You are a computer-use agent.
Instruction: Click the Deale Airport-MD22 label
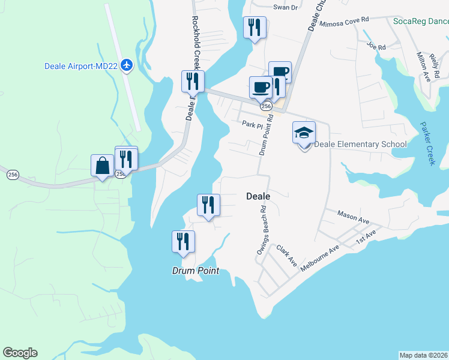coord(81,65)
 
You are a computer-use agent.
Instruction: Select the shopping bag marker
coord(102,165)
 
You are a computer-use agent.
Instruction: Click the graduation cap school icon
coord(304,133)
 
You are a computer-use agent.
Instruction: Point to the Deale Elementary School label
coord(360,144)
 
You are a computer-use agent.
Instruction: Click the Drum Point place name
coord(195,271)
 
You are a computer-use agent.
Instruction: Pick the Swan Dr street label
coord(286,7)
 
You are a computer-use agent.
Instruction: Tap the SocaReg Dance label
coord(421,22)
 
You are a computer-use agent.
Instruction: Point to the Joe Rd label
coord(376,46)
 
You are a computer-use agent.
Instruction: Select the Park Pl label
coord(253,124)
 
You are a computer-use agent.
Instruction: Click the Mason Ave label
coord(353,217)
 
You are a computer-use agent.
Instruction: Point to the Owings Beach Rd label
coord(262,231)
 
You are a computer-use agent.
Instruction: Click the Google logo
coord(20,353)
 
